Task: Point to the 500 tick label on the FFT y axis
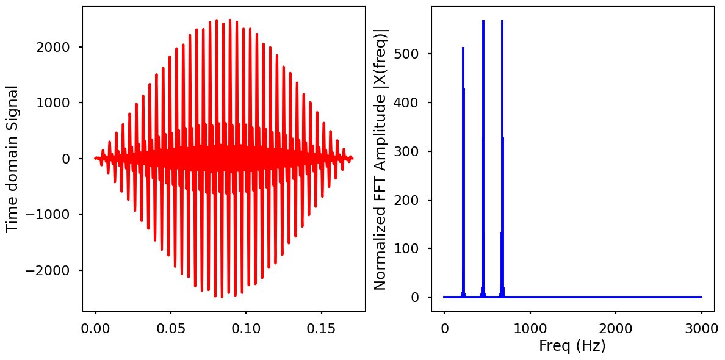[x=409, y=54]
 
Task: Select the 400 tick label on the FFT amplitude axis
[x=409, y=103]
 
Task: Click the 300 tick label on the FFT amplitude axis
[x=409, y=151]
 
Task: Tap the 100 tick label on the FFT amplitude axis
[x=409, y=248]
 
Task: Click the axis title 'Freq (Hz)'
[x=572, y=345]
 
